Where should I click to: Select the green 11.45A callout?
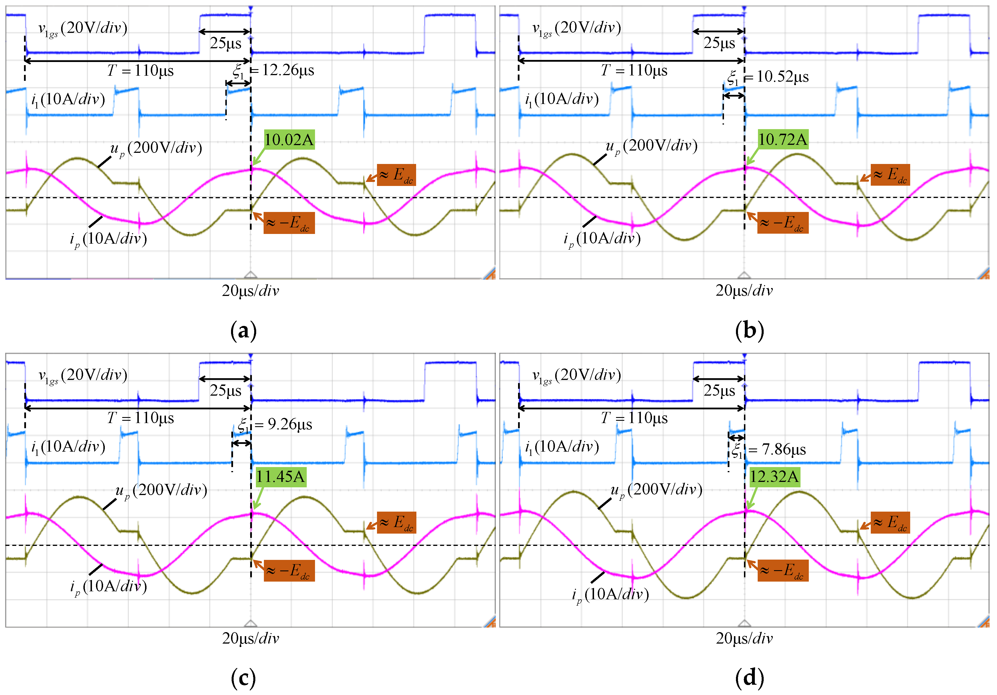pyautogui.click(x=280, y=476)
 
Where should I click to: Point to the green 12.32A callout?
pyautogui.click(x=774, y=476)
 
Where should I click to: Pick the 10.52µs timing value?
pyautogui.click(x=783, y=77)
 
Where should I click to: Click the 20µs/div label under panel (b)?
pyautogui.click(x=744, y=291)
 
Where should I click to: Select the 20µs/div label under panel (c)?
pyautogui.click(x=250, y=638)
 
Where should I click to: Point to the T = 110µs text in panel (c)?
pyautogui.click(x=140, y=418)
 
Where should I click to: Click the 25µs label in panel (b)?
pyautogui.click(x=719, y=43)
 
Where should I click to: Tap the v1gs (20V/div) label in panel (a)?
pyautogui.click(x=83, y=29)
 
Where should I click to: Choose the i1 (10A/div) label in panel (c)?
pyautogui.click(x=68, y=447)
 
